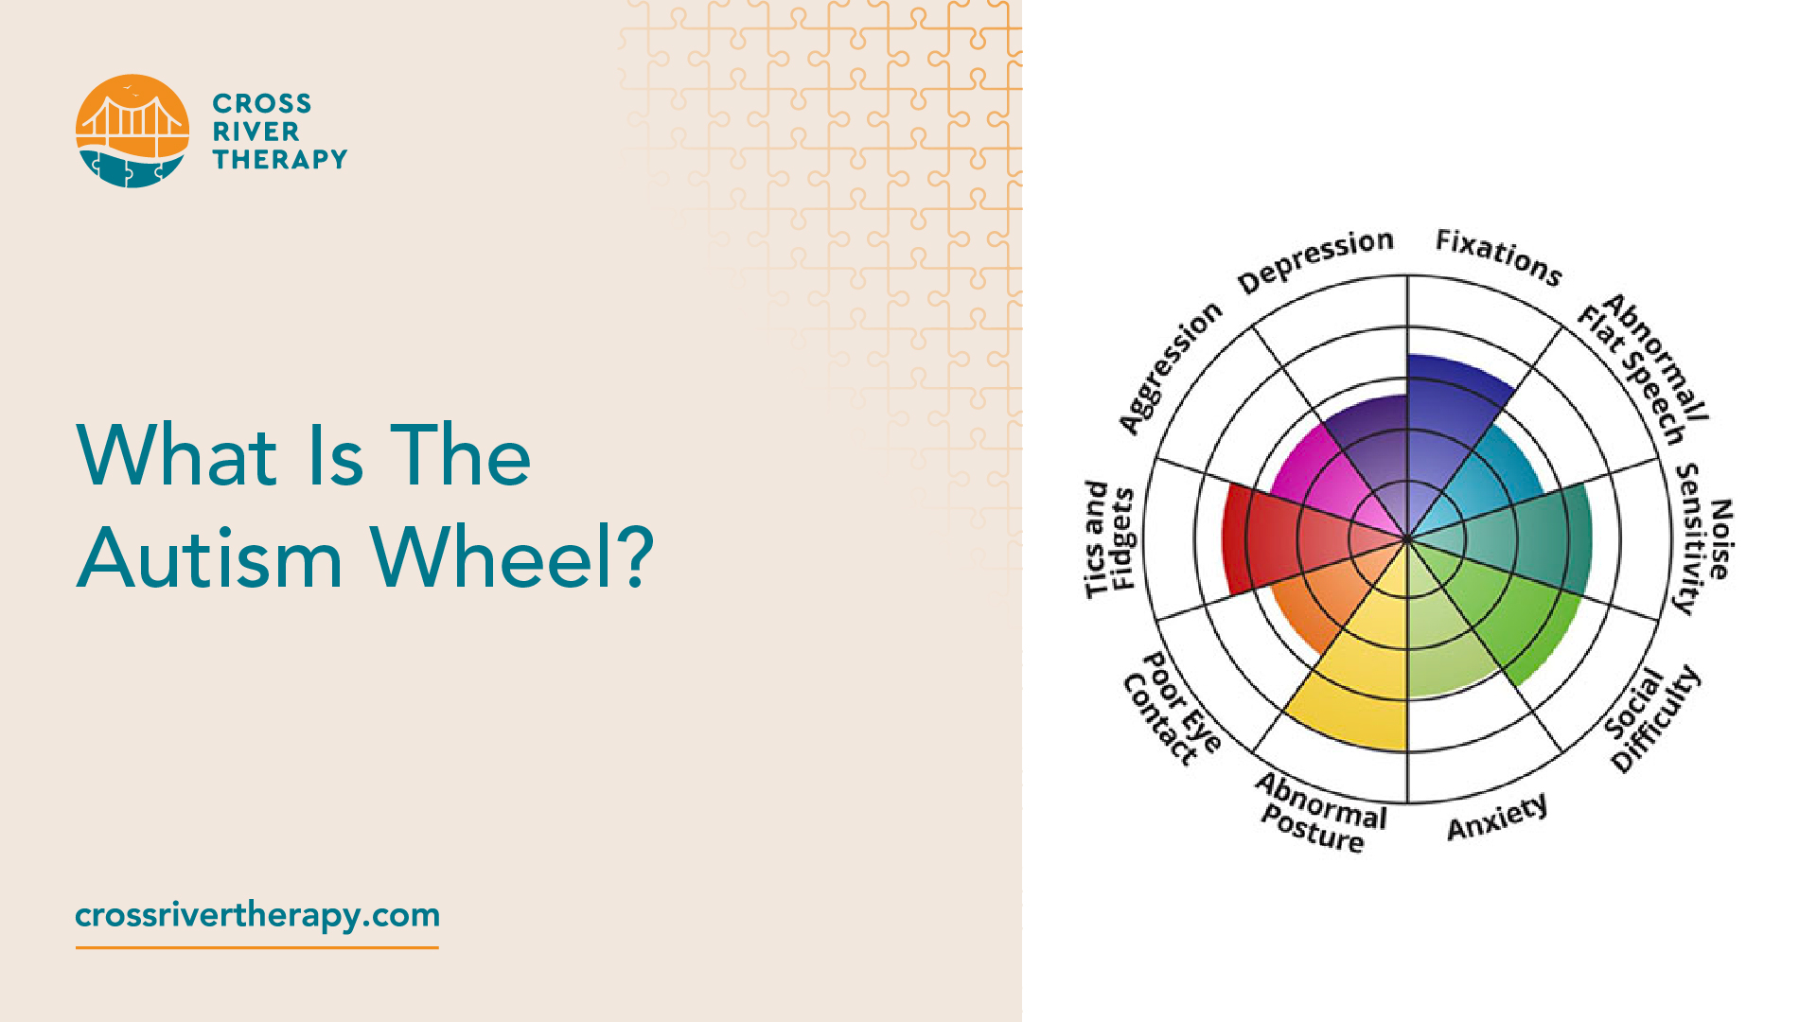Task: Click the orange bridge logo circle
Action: pyautogui.click(x=132, y=131)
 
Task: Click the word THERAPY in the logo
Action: pyautogui.click(x=280, y=159)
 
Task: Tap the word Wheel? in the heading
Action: pyautogui.click(x=512, y=557)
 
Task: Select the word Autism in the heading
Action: pyautogui.click(x=209, y=557)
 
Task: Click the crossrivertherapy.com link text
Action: pyautogui.click(x=257, y=915)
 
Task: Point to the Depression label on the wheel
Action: pyautogui.click(x=1315, y=260)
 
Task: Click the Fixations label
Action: pyautogui.click(x=1499, y=256)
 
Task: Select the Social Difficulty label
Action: pyautogui.click(x=1652, y=719)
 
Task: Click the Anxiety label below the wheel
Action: pyautogui.click(x=1497, y=817)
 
